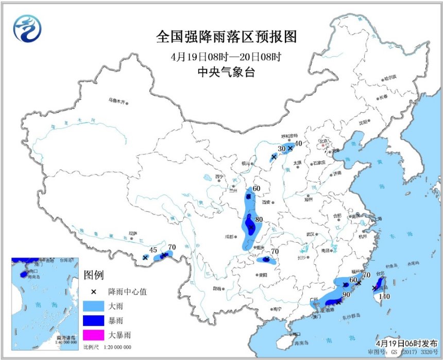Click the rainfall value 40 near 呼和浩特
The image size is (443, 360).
tap(298, 144)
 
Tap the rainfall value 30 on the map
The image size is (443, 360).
tap(281, 149)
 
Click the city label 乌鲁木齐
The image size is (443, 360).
tap(116, 100)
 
